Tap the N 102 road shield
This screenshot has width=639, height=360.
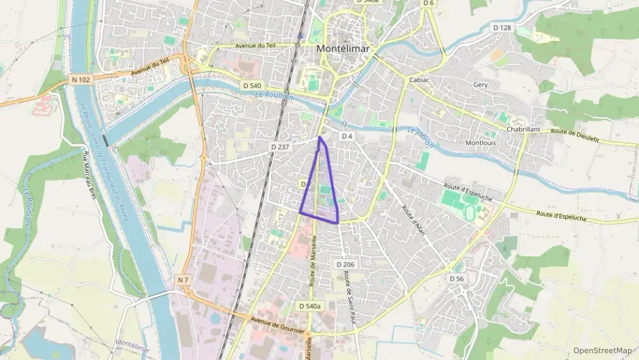[x=81, y=80]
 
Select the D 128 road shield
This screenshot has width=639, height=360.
[x=502, y=27]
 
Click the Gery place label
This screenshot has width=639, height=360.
[x=480, y=85]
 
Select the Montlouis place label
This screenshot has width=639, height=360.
[x=481, y=143]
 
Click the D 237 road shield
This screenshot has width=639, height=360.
[x=281, y=147]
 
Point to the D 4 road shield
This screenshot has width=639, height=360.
[x=347, y=136]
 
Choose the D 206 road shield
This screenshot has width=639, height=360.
[x=345, y=264]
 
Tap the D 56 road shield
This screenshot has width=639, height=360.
[x=457, y=279]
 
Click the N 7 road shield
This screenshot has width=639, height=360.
[x=182, y=280]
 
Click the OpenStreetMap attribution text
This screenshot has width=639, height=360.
[x=602, y=350]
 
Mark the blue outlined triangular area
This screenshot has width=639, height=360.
[x=321, y=191]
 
